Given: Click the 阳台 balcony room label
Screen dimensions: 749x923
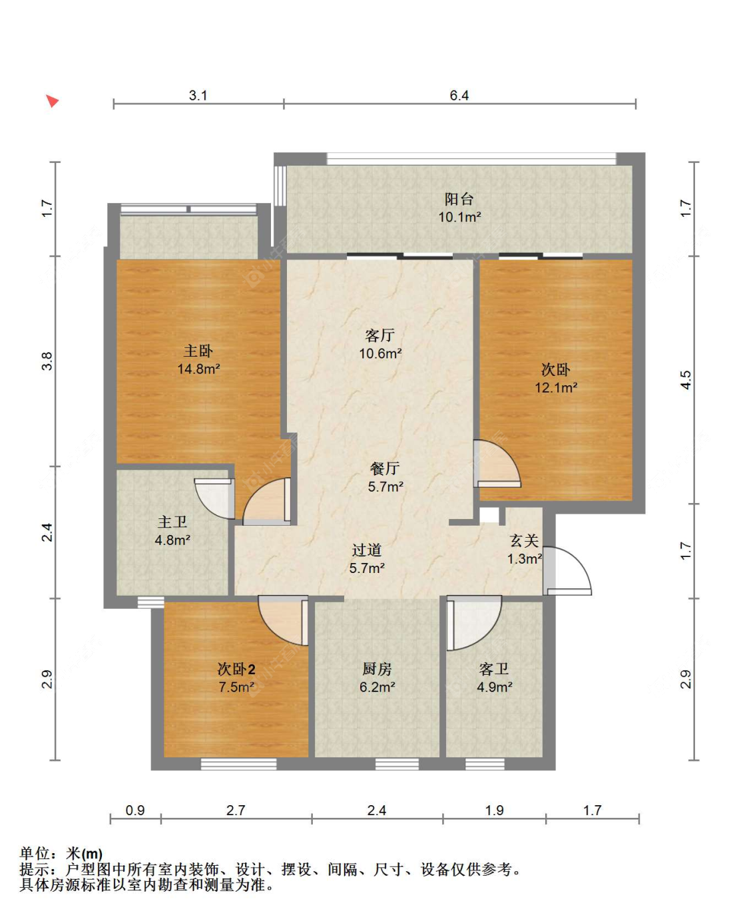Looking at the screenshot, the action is point(459,199).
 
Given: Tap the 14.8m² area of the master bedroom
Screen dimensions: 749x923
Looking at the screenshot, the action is point(198,369).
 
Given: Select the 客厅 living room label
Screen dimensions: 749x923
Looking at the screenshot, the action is point(379,335).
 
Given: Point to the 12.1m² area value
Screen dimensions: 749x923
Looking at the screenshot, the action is point(556,387).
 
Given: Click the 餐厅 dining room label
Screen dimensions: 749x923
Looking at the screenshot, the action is point(385,468).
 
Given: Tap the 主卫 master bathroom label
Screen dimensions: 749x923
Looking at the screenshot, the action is point(172,522).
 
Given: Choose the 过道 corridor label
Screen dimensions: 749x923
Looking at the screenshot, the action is point(367,550).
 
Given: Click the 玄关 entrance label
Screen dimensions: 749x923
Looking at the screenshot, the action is point(524,541).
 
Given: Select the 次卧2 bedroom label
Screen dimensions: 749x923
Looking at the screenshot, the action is point(236,669).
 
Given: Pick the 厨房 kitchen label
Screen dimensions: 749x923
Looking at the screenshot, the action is point(377,669).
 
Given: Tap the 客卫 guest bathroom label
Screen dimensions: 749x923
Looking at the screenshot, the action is point(494,669).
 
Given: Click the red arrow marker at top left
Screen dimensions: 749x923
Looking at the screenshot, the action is point(53,101).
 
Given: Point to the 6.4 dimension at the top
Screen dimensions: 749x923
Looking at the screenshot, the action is point(459,95).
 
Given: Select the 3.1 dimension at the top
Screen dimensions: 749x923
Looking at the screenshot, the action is point(198,95).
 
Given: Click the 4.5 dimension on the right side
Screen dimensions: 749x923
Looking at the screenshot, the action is point(686,380).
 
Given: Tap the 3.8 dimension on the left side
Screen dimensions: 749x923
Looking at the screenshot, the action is point(47,361).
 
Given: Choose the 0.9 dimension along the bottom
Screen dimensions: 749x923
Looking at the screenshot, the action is point(135,811).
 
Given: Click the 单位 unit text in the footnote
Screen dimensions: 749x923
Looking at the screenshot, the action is point(35,853).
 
